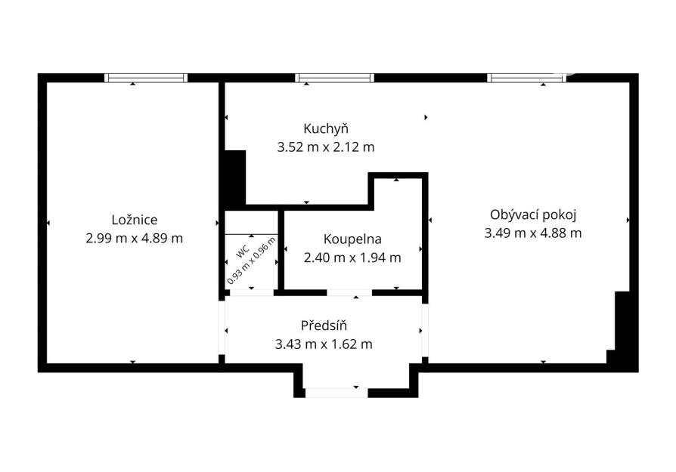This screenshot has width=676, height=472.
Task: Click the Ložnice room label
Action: point(135,220)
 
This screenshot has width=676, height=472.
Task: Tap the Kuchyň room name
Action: point(326,129)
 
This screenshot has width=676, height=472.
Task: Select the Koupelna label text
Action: point(352,239)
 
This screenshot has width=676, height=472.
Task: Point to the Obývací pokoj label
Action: point(533,215)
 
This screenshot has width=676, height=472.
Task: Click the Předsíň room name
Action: point(324,325)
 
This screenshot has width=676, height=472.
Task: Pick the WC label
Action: point(243,251)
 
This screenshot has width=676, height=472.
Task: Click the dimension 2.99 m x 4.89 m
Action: point(135,238)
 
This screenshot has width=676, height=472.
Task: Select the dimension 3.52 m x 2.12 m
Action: point(326,147)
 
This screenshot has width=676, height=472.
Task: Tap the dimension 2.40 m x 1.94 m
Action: point(352,258)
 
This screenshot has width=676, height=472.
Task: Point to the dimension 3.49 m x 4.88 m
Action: point(533,233)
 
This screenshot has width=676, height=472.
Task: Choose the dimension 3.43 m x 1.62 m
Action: point(324,344)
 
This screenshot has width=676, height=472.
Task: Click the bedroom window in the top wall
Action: point(146,78)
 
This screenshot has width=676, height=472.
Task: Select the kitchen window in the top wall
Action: point(334,78)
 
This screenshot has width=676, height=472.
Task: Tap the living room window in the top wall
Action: point(526,78)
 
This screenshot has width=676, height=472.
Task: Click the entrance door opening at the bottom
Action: point(336,393)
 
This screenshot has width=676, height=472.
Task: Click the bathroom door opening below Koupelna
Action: point(349,293)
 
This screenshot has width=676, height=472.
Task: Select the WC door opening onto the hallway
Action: point(252,293)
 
